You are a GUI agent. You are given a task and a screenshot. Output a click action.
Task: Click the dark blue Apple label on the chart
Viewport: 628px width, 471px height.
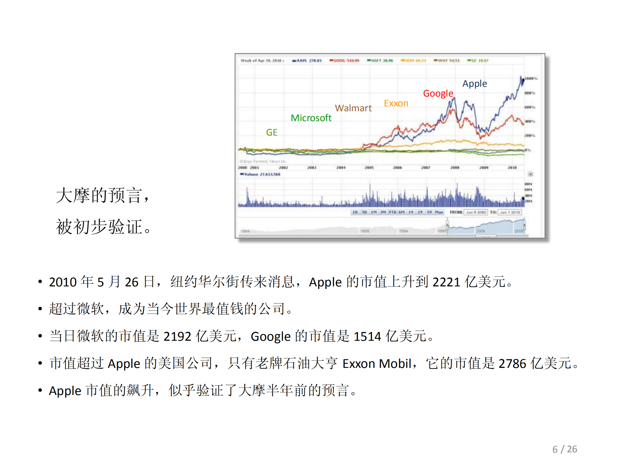click(x=474, y=83)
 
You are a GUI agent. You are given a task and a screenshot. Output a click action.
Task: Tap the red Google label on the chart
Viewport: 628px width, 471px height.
click(x=438, y=93)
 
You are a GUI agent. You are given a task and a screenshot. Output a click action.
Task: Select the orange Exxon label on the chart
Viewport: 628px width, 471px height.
click(x=396, y=103)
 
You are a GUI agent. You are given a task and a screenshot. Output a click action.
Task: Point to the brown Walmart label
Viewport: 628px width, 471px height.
click(x=353, y=108)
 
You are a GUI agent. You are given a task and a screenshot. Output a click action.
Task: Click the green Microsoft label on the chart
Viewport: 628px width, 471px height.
click(x=311, y=118)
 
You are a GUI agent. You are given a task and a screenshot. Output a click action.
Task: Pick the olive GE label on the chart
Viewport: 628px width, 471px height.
click(x=272, y=132)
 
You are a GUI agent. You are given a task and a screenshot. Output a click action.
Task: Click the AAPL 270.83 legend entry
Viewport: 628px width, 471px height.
click(x=307, y=61)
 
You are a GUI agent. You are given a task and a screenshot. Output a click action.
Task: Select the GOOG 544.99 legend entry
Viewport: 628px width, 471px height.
click(x=344, y=61)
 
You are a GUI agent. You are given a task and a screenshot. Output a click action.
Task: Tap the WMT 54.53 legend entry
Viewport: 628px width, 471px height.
click(x=447, y=61)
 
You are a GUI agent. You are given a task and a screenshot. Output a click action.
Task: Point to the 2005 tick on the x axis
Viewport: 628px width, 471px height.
click(x=369, y=168)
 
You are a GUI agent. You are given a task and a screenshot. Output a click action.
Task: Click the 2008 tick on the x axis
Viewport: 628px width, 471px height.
click(x=455, y=168)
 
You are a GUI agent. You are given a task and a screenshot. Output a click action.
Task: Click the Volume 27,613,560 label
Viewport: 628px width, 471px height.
click(x=260, y=174)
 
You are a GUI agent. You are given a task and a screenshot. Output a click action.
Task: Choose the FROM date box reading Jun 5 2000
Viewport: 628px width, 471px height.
click(x=476, y=212)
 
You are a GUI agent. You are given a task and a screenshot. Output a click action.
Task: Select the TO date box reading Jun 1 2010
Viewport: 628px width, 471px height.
click(x=510, y=212)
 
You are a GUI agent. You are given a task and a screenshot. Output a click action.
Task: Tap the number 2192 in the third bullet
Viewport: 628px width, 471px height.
click(x=177, y=336)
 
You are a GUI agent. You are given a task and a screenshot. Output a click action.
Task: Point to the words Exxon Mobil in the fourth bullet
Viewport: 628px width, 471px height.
click(x=377, y=363)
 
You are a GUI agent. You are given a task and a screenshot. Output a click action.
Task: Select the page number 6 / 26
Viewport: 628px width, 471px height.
click(x=565, y=449)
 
